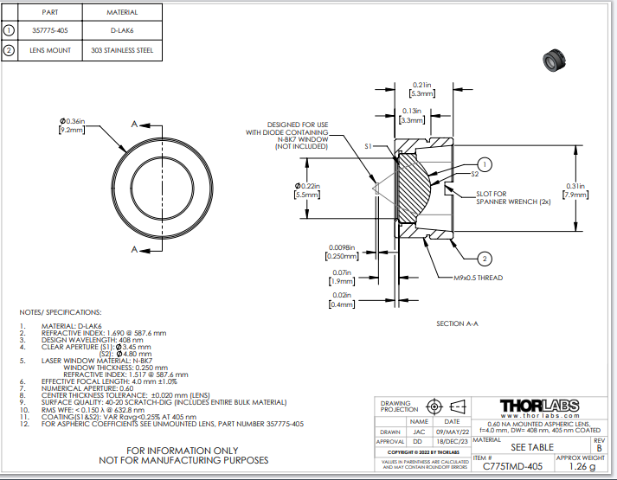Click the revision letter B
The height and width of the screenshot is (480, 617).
(599, 448)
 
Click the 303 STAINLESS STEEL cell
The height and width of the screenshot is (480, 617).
(122, 51)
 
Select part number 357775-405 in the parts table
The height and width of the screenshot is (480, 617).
(50, 30)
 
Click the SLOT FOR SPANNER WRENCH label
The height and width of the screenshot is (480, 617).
(506, 197)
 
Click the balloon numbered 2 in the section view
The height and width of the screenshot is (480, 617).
(485, 259)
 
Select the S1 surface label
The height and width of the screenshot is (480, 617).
(370, 147)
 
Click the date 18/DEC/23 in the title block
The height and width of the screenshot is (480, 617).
(453, 440)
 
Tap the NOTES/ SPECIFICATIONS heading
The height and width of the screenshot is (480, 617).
(61, 311)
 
